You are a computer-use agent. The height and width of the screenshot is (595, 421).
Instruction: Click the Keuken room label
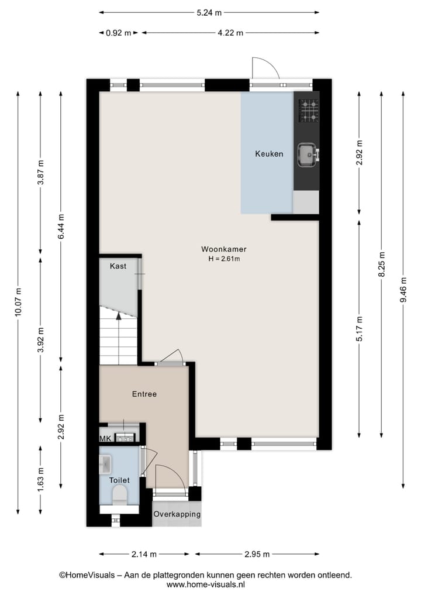click(269, 154)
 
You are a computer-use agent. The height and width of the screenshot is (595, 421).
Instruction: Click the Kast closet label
click(118, 266)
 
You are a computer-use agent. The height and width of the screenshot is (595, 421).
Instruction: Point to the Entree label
click(144, 394)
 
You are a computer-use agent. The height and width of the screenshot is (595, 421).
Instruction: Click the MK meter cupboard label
click(105, 438)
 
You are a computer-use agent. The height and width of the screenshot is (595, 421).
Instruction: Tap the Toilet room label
click(119, 480)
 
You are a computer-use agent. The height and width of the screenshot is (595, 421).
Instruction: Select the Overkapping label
click(177, 514)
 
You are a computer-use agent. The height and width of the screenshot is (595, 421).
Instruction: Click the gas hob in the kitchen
click(309, 111)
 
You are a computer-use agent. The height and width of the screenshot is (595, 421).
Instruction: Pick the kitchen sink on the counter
click(306, 154)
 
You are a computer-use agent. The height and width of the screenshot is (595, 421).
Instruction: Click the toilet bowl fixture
click(119, 497)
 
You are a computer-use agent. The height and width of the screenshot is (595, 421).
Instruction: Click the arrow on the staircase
click(119, 316)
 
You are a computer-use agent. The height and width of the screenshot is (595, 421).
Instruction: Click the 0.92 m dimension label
click(118, 33)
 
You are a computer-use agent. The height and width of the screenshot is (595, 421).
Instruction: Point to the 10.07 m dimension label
click(18, 302)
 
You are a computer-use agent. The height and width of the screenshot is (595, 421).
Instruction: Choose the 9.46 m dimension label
click(403, 291)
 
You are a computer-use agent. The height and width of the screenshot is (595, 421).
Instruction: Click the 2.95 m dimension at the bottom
click(257, 554)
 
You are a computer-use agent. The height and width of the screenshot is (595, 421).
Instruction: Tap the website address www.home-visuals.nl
click(206, 584)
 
